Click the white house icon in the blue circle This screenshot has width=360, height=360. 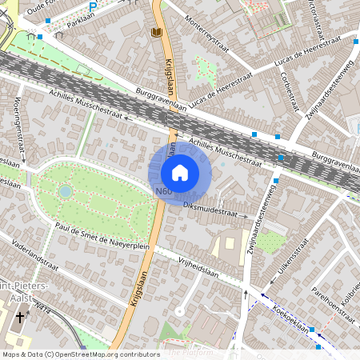pos(180,172)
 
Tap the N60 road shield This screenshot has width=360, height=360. pos(164,191)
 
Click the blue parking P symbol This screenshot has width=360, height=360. pos(92,7)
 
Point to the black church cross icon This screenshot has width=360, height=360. pos(20,318)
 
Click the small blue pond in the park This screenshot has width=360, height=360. pos(64,191)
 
